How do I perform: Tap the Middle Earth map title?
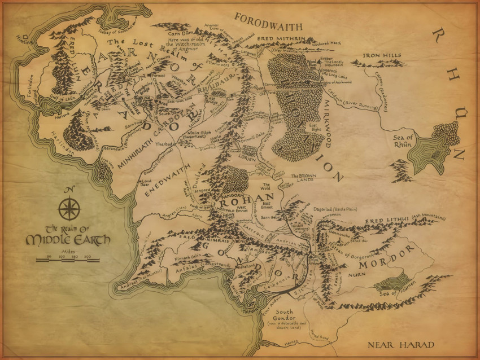coord(68,235)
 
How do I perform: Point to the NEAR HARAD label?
coord(400,345)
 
